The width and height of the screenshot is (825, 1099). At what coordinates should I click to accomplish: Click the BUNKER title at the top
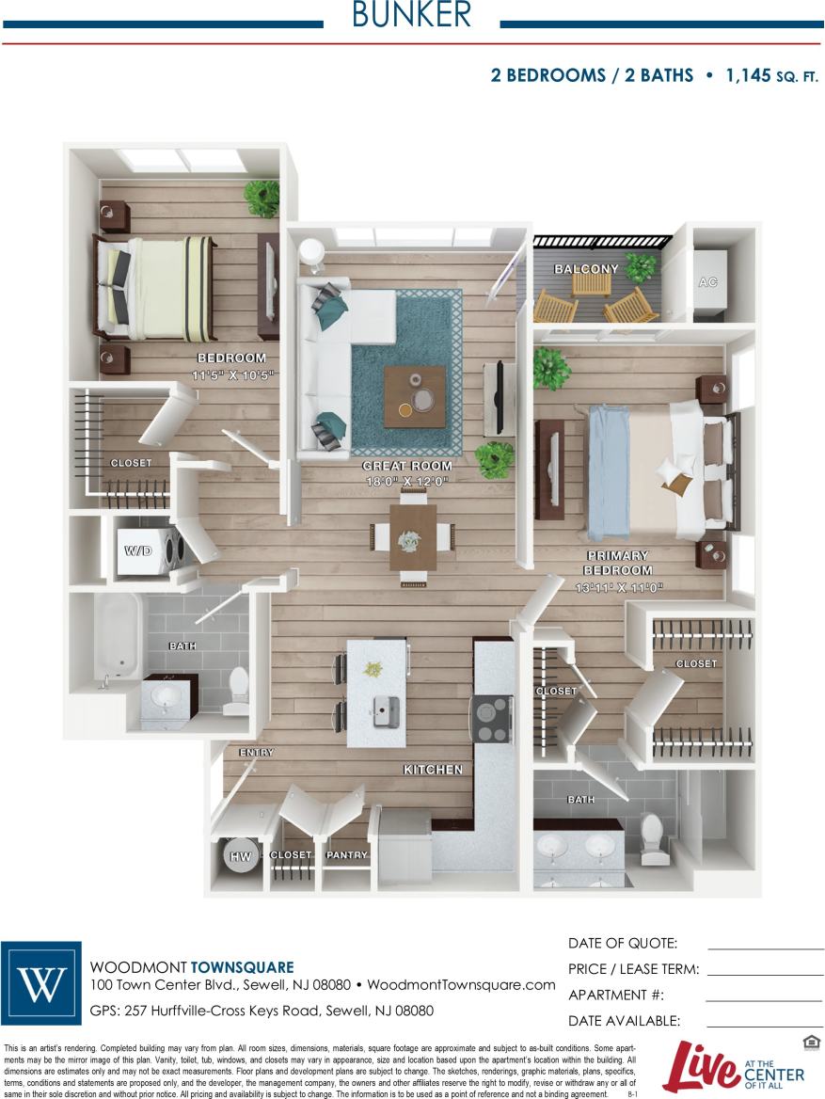[x=411, y=15]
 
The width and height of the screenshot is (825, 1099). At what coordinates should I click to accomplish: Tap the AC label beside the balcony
[x=707, y=281]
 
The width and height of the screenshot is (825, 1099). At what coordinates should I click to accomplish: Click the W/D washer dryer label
[x=137, y=549]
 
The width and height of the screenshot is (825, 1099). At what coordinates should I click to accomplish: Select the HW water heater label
[x=241, y=856]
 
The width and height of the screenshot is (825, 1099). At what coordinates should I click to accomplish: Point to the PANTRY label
[x=345, y=855]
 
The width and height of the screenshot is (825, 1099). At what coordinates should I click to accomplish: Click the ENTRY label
[x=256, y=753]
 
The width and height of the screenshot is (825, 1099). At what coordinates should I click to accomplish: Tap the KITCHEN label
[x=433, y=770]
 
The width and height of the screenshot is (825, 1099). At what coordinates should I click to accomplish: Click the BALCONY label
[x=586, y=269]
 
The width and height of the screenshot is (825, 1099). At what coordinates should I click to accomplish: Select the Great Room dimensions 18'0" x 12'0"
[x=407, y=482]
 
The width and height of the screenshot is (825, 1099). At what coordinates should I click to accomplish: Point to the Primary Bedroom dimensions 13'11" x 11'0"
[x=619, y=588]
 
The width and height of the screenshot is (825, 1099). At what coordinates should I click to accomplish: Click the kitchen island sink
[x=386, y=712]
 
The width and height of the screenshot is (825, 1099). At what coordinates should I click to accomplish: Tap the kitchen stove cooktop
[x=491, y=719]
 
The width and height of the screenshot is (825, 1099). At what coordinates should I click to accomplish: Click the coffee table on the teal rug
[x=414, y=397]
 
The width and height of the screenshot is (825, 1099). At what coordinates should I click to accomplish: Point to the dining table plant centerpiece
[x=410, y=540]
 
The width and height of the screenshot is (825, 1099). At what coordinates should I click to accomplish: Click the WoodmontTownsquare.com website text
[x=461, y=985]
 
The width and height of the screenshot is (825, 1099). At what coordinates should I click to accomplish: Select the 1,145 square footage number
[x=747, y=75]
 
